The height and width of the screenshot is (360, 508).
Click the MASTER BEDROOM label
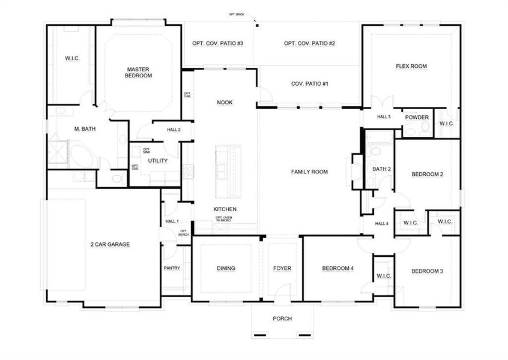[x=139, y=73]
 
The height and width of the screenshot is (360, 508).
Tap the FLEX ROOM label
[x=411, y=67]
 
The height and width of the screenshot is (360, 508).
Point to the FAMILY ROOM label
[x=309, y=172]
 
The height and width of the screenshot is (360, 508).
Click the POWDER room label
[x=417, y=118]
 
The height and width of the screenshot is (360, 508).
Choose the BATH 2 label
[x=381, y=169]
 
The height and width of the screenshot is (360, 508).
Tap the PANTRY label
[x=172, y=268]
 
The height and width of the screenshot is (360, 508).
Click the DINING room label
[x=226, y=268]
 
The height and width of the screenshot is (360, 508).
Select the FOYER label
[x=282, y=268]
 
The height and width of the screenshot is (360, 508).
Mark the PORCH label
[x=282, y=319]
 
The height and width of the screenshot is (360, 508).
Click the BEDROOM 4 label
[x=337, y=268]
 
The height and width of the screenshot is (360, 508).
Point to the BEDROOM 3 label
[x=427, y=271]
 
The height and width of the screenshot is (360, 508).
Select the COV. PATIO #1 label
[x=309, y=84]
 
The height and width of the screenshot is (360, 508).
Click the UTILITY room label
[x=158, y=161]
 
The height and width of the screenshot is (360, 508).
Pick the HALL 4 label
[x=382, y=224]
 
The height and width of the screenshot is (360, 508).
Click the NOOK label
[x=225, y=103]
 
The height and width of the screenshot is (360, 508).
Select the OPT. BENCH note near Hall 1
[x=184, y=232]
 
